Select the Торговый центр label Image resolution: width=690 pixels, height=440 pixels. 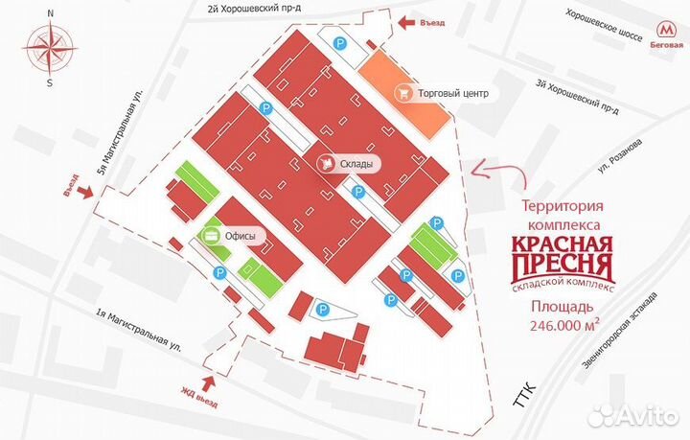454,93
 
